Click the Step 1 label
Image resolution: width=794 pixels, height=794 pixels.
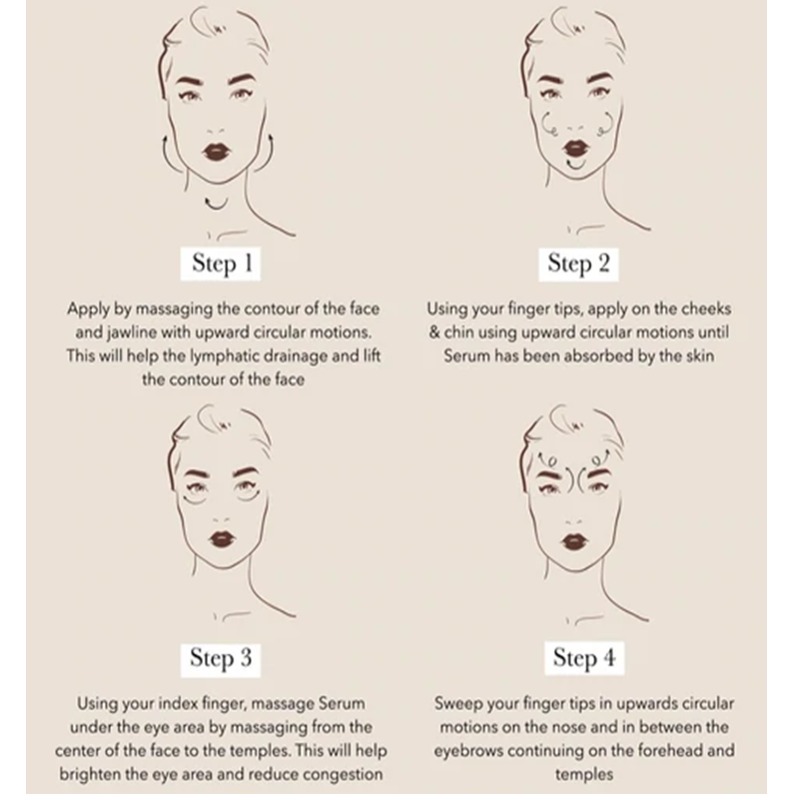tap(221, 264)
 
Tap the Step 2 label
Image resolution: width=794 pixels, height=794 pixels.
tap(578, 264)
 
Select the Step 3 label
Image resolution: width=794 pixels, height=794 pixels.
tap(221, 659)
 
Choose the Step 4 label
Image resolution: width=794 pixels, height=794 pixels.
tap(584, 658)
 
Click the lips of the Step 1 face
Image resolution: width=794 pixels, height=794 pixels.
tap(216, 152)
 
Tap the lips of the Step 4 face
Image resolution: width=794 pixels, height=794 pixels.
tap(574, 542)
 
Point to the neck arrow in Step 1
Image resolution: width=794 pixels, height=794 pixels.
tap(216, 204)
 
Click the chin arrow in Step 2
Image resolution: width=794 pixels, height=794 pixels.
tap(576, 165)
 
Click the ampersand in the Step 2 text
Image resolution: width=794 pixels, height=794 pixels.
tap(434, 333)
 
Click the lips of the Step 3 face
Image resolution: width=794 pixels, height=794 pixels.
tap(222, 539)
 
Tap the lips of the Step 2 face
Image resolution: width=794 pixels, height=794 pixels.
tap(576, 148)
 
